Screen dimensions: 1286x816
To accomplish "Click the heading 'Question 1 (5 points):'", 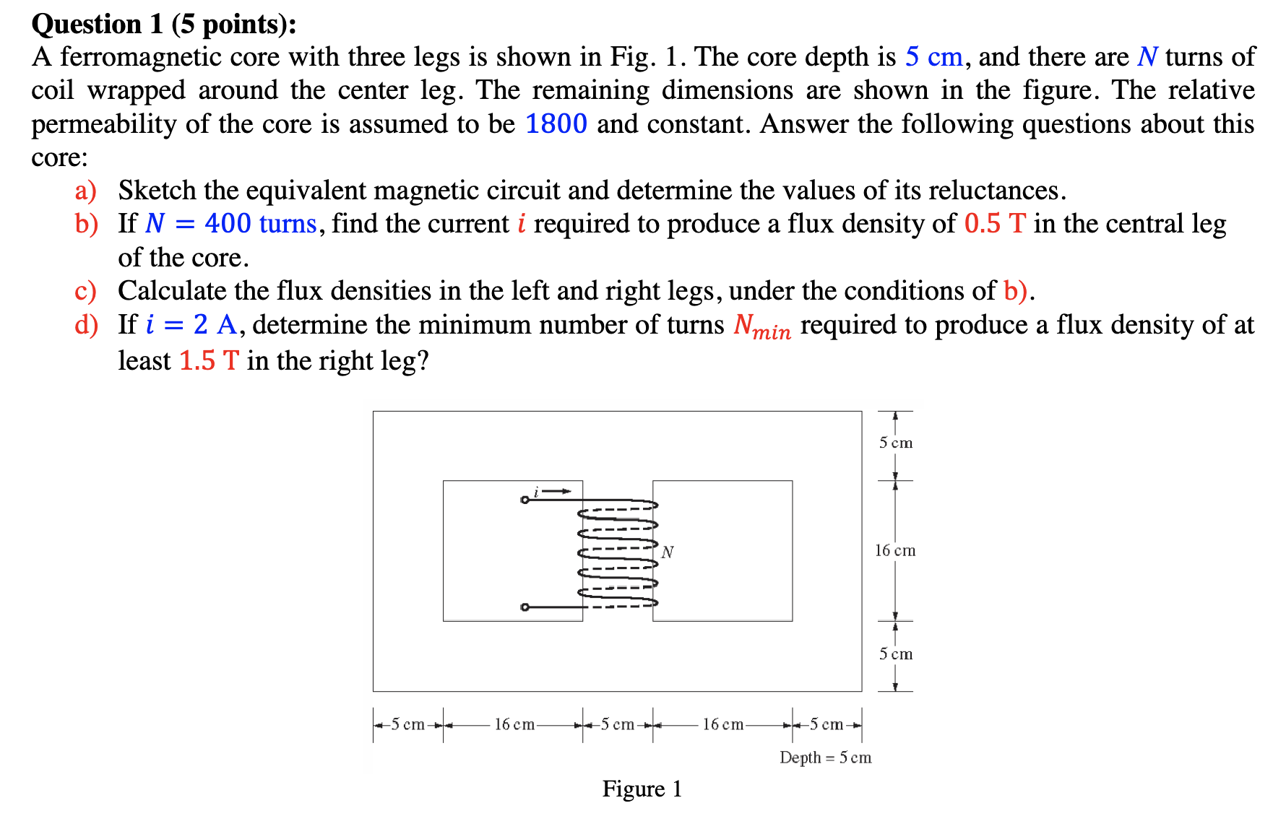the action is click(x=164, y=25).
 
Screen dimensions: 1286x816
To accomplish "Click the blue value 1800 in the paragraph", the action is click(x=556, y=124).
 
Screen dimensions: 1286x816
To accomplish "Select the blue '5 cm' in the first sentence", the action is click(x=933, y=57).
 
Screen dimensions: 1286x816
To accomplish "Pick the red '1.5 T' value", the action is click(x=208, y=360).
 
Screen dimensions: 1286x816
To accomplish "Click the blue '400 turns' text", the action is click(x=260, y=224).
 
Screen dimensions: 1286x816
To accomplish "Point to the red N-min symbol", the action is click(x=761, y=326).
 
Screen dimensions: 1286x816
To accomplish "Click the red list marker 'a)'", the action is click(x=85, y=191).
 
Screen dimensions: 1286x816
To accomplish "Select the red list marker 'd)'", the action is click(x=85, y=325).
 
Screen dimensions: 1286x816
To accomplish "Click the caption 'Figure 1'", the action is click(x=642, y=789).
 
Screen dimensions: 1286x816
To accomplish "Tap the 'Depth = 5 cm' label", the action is click(x=825, y=758).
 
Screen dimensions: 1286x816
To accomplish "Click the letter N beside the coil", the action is click(x=668, y=552).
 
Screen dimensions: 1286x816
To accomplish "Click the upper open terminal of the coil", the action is click(x=525, y=500).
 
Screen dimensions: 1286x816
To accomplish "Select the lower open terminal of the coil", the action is click(x=525, y=607).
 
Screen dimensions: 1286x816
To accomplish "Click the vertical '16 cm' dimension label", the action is click(x=895, y=551).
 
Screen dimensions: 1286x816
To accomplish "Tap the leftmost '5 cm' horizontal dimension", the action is click(x=407, y=724).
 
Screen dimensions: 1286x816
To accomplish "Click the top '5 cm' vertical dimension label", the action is click(x=895, y=443).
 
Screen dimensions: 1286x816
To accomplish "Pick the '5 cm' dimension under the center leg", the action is click(x=617, y=724).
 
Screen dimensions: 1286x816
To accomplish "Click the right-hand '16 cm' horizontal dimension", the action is click(x=722, y=724).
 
